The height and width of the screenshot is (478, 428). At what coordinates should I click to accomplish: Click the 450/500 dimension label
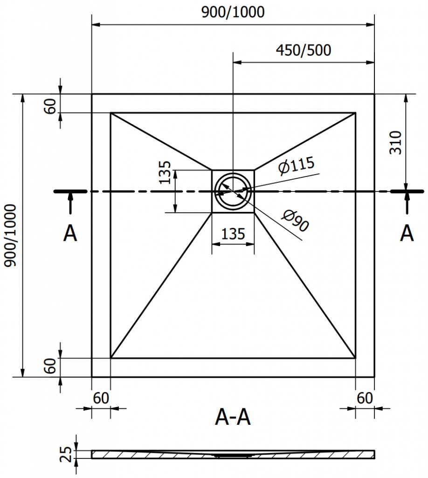(303, 50)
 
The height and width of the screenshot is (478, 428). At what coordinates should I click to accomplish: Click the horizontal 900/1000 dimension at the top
(233, 12)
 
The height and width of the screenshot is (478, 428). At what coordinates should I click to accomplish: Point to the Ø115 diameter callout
(297, 165)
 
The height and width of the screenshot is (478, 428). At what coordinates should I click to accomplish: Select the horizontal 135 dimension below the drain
(233, 233)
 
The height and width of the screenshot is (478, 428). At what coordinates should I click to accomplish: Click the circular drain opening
(233, 191)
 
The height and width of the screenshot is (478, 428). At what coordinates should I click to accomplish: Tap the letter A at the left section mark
(70, 233)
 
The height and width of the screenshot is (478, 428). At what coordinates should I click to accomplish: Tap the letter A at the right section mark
(407, 233)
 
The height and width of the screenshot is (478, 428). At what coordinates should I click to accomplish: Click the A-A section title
(233, 417)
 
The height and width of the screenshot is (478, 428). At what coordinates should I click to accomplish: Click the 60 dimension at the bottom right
(365, 398)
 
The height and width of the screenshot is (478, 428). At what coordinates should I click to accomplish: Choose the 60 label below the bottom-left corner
(101, 398)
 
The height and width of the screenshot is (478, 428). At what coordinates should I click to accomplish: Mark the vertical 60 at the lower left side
(50, 366)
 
